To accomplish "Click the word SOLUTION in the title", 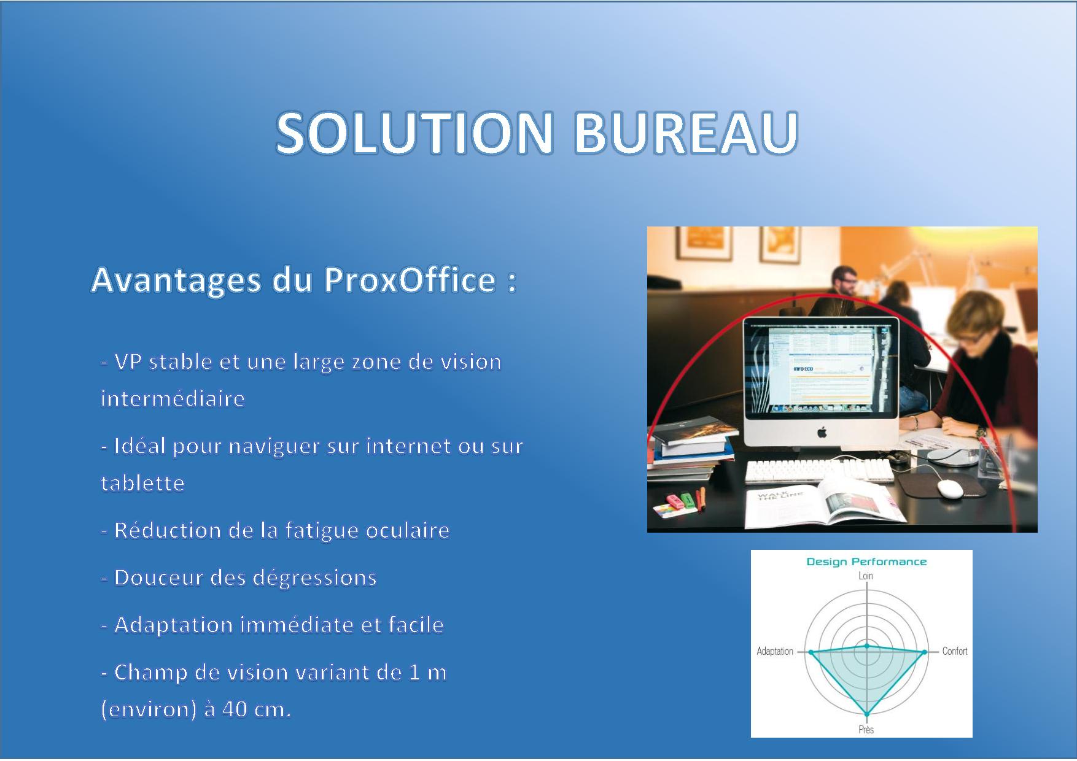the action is click(415, 133).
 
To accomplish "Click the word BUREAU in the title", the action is click(686, 133).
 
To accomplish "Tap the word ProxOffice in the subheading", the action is click(410, 280).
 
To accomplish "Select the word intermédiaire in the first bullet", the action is click(173, 398).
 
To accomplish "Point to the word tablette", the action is click(142, 483).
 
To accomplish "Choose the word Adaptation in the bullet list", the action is click(174, 625).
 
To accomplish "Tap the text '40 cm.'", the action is click(256, 709).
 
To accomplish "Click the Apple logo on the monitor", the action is click(822, 433).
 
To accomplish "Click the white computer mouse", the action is click(949, 489).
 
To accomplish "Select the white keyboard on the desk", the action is click(819, 471).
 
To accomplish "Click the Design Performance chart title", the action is click(866, 562).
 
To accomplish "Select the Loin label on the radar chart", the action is click(866, 576).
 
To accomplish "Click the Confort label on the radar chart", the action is click(955, 651).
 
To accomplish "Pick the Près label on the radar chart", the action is click(866, 729).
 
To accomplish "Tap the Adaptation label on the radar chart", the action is click(775, 651).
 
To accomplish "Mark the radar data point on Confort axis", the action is click(925, 652).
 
